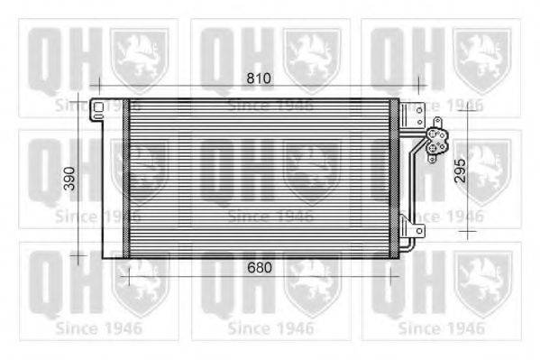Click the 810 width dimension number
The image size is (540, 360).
tap(259, 79)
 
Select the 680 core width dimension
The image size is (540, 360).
tap(259, 268)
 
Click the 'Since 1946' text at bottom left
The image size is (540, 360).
tap(98, 328)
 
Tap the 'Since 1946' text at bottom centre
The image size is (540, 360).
tap(270, 328)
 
